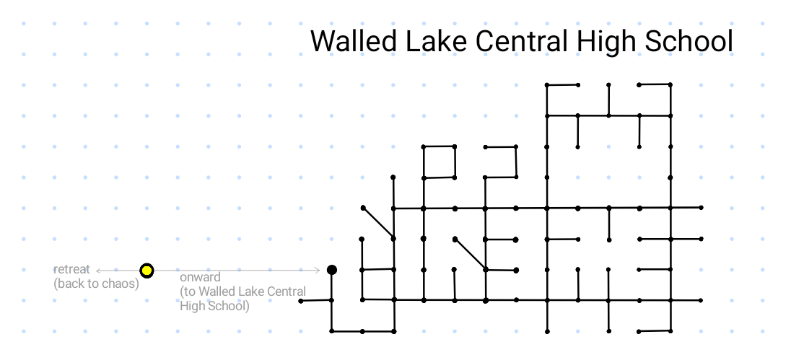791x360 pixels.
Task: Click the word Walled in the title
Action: (x=354, y=41)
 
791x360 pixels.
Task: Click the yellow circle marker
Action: (x=147, y=271)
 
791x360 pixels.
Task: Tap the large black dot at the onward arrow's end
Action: (x=332, y=270)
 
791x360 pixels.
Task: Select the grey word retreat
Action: (x=71, y=270)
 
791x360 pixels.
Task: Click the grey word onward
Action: (x=200, y=277)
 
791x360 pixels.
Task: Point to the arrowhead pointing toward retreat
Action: (x=98, y=271)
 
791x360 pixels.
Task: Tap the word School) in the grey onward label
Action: (x=229, y=306)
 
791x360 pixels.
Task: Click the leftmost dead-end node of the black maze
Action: (x=301, y=301)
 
